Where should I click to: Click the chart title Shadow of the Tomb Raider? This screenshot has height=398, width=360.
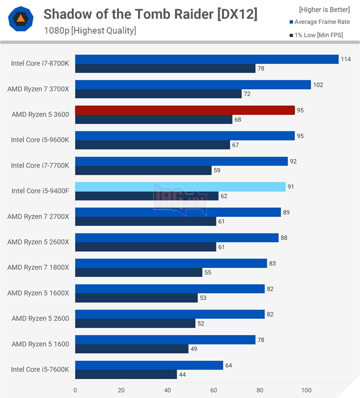(x=150, y=14)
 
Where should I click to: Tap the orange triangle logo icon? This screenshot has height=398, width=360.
(x=19, y=20)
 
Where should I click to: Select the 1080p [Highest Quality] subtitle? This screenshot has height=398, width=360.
(x=90, y=30)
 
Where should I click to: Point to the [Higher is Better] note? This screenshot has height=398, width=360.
(x=324, y=9)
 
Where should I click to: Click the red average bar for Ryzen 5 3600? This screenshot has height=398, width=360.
(x=185, y=110)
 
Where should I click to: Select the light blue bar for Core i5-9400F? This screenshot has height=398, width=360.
(x=180, y=187)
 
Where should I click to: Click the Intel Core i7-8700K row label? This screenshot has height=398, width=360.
(x=40, y=63)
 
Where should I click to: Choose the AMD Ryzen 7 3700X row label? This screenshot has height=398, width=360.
(x=38, y=89)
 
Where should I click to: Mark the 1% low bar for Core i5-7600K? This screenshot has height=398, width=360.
(x=126, y=375)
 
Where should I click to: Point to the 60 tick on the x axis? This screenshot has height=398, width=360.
(x=213, y=391)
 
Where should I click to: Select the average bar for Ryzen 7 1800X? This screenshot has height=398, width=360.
(x=171, y=263)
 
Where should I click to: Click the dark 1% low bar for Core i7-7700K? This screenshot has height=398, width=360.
(x=143, y=170)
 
